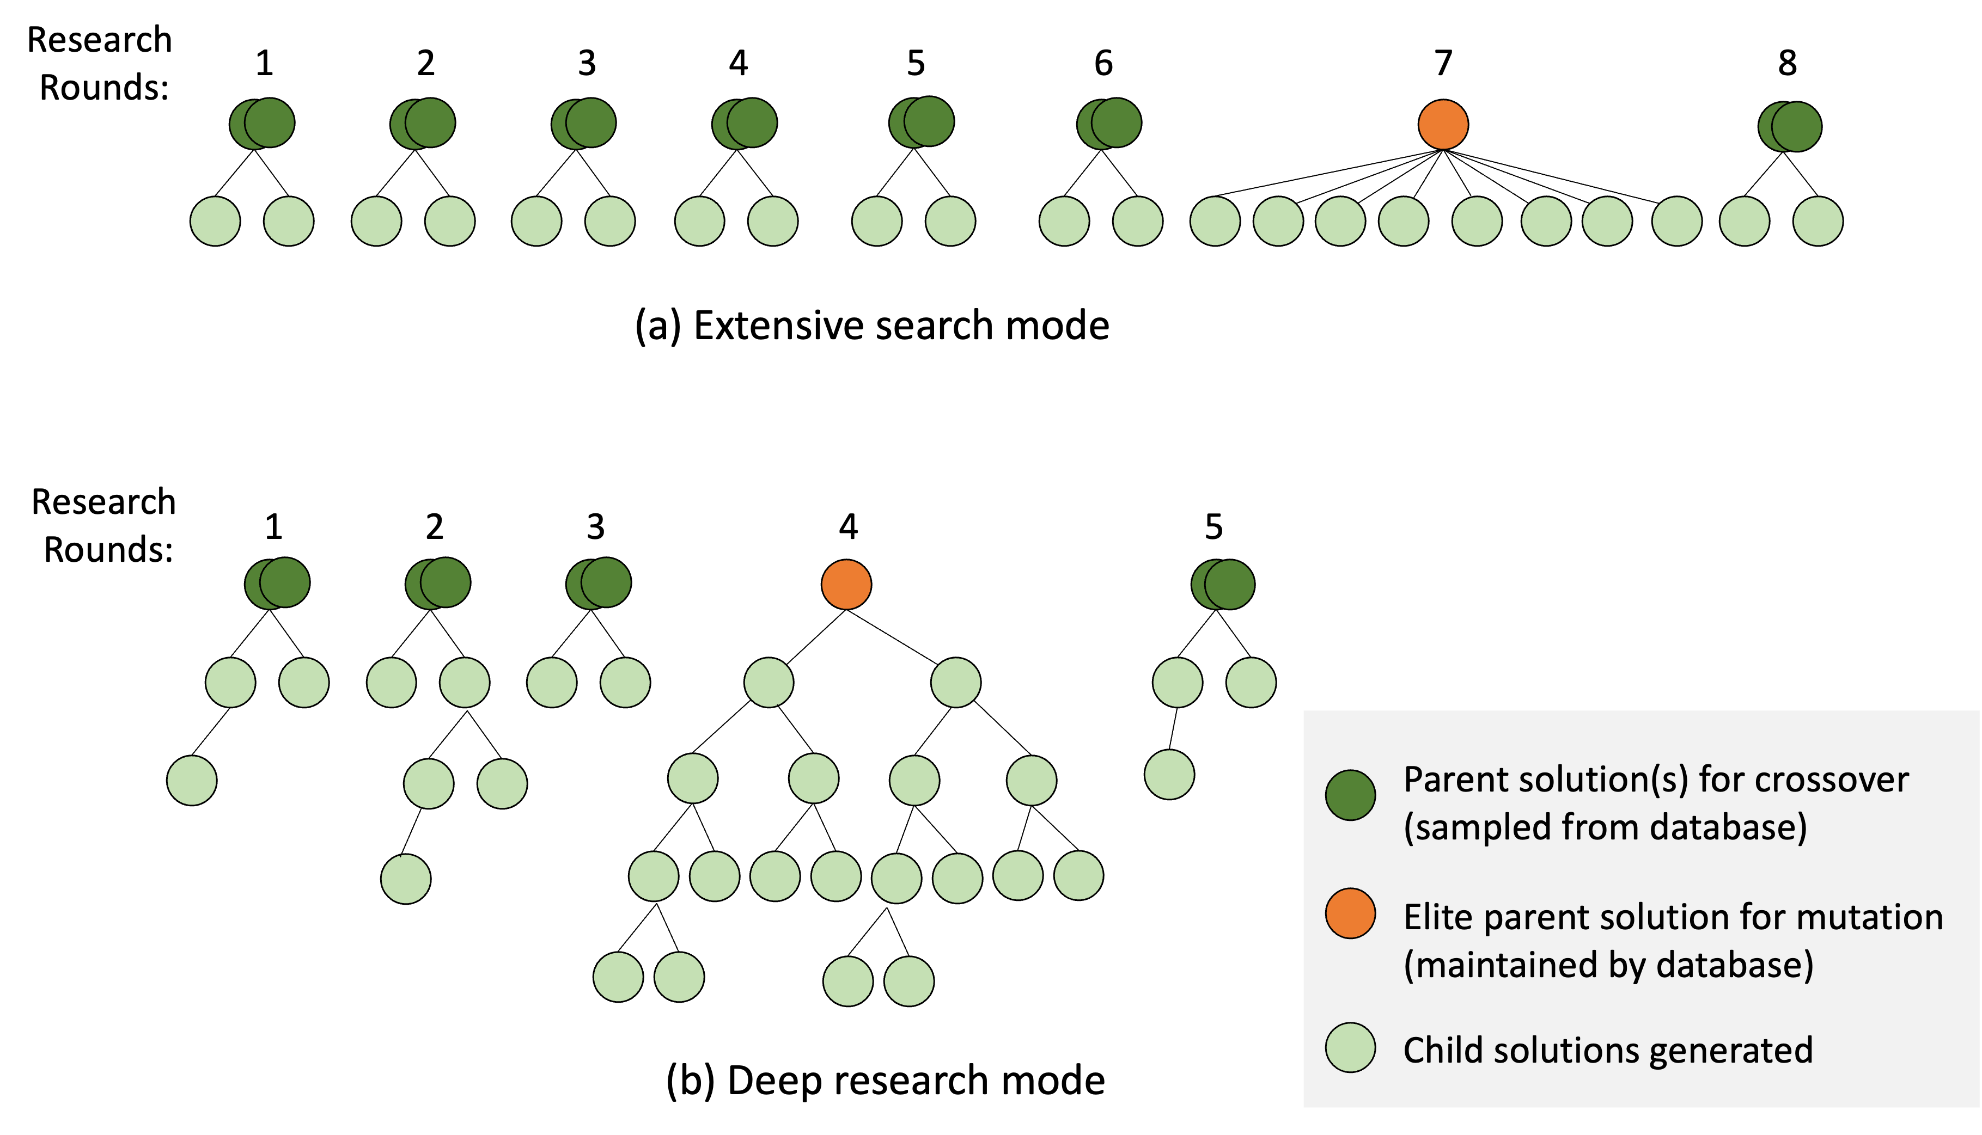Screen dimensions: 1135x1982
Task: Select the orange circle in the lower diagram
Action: tap(846, 584)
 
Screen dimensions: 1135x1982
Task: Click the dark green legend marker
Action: tap(1350, 795)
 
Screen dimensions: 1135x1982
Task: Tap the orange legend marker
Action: tap(1350, 913)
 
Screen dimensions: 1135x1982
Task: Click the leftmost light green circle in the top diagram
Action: tap(215, 222)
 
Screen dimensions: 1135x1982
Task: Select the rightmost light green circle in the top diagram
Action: tap(1818, 222)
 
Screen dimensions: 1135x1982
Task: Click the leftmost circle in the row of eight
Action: tap(654, 876)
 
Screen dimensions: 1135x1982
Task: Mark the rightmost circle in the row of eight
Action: tap(1078, 875)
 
